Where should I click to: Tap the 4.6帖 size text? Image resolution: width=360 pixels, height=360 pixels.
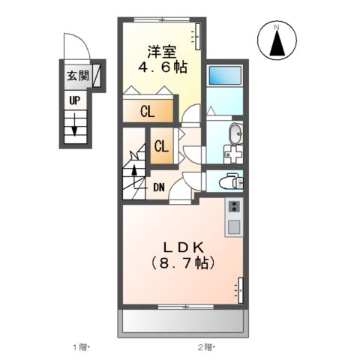161,67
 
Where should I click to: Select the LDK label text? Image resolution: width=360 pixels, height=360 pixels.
183,248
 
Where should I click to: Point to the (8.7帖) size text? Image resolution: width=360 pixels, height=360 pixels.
183,264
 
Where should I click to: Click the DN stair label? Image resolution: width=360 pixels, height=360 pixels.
159,187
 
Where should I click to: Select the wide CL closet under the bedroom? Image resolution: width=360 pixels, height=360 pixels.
148,112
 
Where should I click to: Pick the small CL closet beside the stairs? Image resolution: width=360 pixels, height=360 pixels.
161,146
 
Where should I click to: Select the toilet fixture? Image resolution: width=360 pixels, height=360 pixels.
229,180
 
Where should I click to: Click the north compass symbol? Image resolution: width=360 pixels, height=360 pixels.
277,43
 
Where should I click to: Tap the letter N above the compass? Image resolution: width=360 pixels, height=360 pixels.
277,28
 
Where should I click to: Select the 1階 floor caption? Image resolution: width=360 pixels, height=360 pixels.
79,347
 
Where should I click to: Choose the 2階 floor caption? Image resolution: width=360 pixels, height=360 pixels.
205,347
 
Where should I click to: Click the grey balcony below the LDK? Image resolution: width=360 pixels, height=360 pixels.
183,322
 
